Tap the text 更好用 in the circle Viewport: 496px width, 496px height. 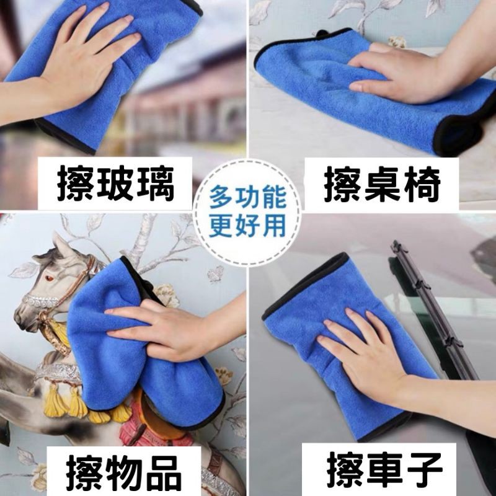coord(248,224)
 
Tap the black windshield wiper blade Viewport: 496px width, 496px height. coord(434,310)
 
